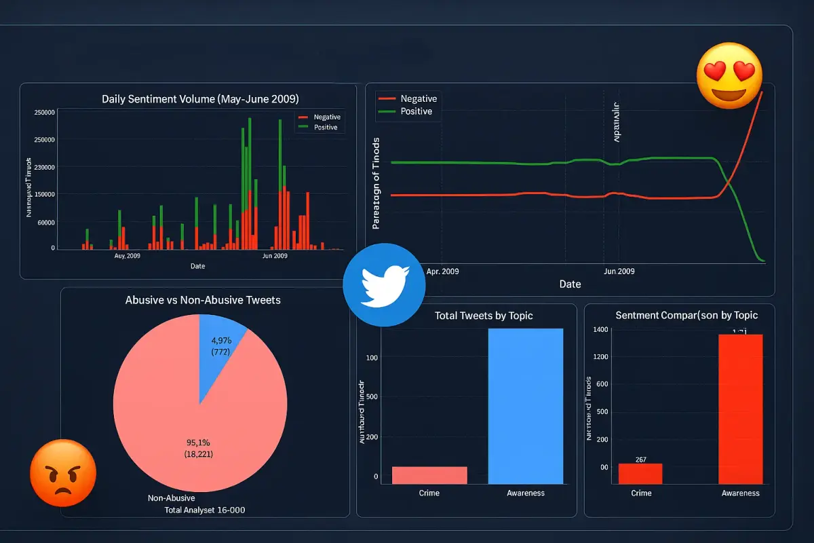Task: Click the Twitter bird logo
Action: coord(384,284)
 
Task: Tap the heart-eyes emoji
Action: coord(730,77)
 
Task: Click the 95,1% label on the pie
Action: coord(198,443)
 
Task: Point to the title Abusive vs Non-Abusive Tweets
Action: coord(203,300)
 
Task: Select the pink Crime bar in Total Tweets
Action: coord(429,475)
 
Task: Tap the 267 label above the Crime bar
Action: coord(641,460)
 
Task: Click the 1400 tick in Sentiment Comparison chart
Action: coord(600,330)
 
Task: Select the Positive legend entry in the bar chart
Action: coord(325,128)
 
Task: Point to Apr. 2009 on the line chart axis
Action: coord(442,271)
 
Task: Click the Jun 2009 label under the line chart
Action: coord(619,271)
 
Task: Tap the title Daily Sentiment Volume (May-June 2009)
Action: coord(200,99)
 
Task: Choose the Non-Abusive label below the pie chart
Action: coord(171,498)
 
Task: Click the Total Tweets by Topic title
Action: coord(483,316)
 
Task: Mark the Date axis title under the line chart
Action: coord(570,284)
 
